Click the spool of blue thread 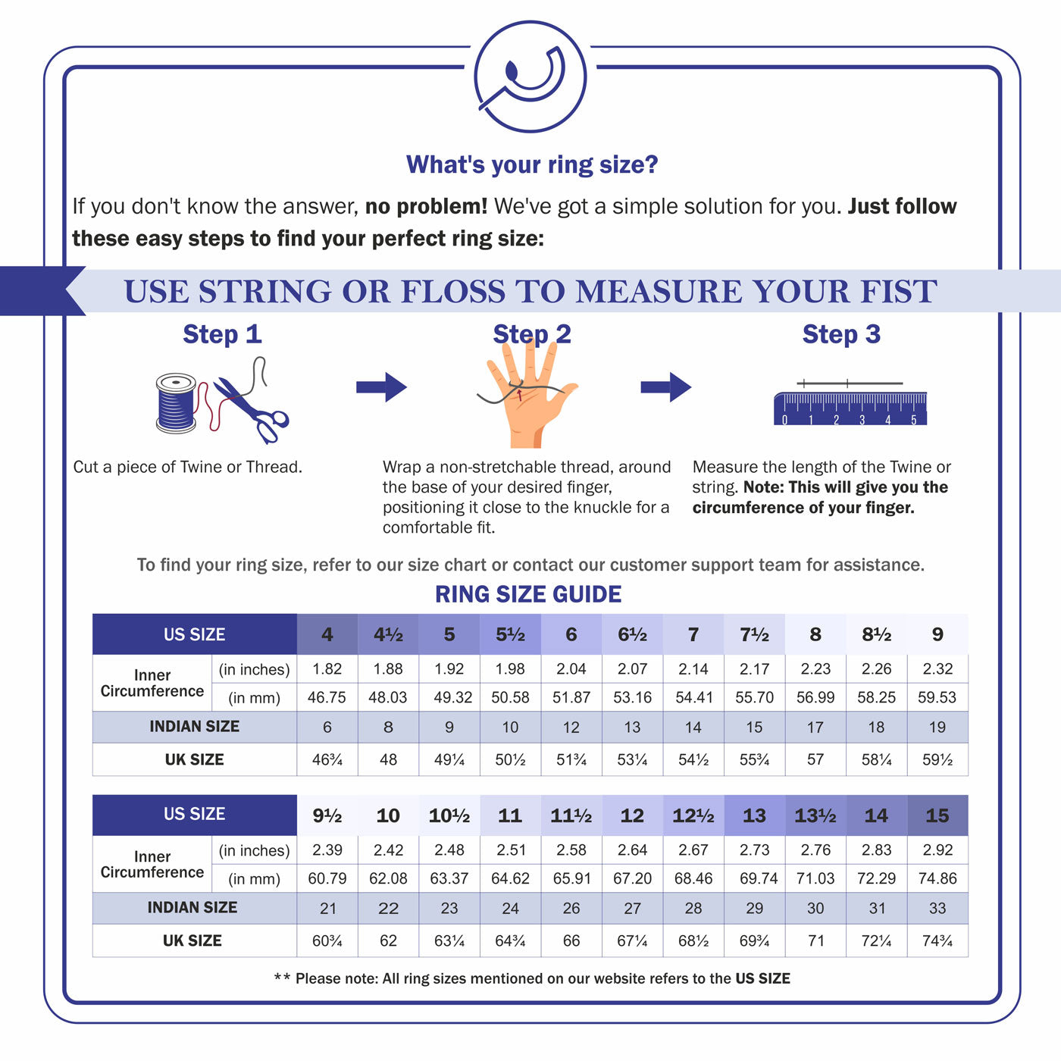tap(176, 403)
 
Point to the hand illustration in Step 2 tap(527, 398)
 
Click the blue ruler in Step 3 tap(850, 408)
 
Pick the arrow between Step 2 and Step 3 tap(665, 387)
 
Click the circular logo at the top tap(530, 77)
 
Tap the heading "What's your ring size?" tap(532, 164)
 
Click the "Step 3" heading tap(841, 334)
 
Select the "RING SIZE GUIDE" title tap(528, 594)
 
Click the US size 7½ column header tap(754, 634)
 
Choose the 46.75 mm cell tap(327, 697)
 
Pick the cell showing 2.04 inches tap(571, 669)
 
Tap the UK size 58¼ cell tap(876, 759)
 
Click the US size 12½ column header tap(693, 815)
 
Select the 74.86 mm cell tap(937, 878)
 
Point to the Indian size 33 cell tap(937, 908)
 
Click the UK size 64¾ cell tap(510, 941)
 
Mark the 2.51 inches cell tap(510, 850)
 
